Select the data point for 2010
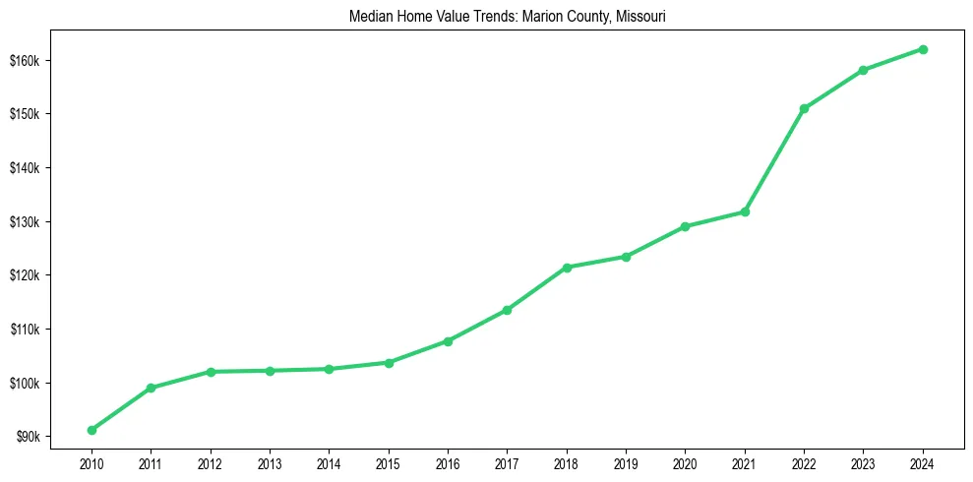(x=91, y=430)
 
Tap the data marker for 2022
(x=804, y=108)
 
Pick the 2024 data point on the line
(x=923, y=49)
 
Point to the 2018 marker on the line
(x=567, y=268)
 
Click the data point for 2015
(x=389, y=363)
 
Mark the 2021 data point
(x=745, y=211)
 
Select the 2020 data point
(x=685, y=226)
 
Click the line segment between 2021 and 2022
(x=774, y=160)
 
